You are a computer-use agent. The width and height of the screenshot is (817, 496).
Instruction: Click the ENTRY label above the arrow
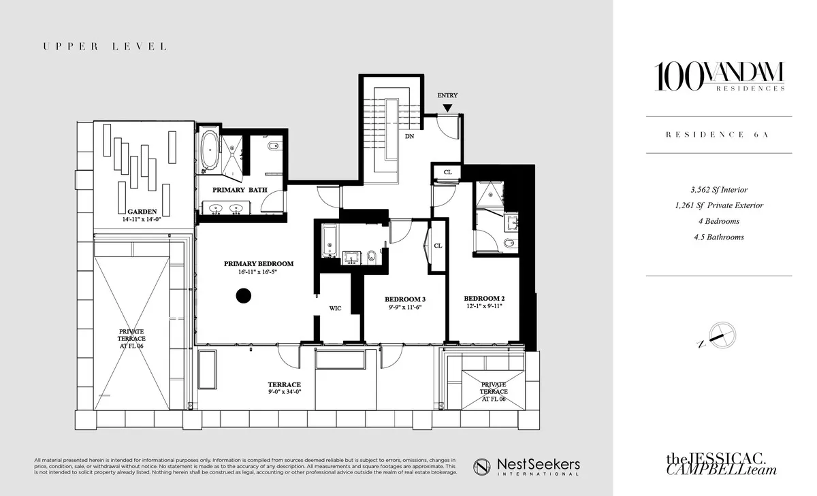click(x=447, y=96)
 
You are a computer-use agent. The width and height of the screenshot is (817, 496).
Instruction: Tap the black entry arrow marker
click(x=447, y=108)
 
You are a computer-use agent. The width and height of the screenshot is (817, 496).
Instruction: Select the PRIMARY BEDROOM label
click(x=259, y=264)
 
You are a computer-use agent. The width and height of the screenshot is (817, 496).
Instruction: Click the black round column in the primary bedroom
click(x=243, y=295)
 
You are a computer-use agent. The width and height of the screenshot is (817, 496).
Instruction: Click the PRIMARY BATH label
click(x=240, y=190)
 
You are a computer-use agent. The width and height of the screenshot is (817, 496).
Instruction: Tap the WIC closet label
click(x=335, y=308)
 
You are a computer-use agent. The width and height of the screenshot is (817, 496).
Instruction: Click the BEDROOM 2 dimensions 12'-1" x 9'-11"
click(x=484, y=307)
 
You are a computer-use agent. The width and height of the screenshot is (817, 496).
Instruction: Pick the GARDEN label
click(x=142, y=211)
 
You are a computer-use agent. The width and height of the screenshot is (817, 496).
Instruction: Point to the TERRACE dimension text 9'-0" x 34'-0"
click(x=284, y=393)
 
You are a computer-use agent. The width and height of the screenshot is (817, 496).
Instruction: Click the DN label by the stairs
click(x=410, y=136)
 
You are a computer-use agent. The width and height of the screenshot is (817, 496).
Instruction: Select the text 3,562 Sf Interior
click(x=718, y=190)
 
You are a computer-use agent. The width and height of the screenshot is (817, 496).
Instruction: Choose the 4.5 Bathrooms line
click(x=718, y=237)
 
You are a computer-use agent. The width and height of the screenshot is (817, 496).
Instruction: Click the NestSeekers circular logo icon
click(x=483, y=465)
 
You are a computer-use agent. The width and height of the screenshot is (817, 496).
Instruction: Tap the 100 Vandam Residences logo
click(x=718, y=76)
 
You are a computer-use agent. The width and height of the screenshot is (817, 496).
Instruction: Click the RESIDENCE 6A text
click(x=718, y=135)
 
